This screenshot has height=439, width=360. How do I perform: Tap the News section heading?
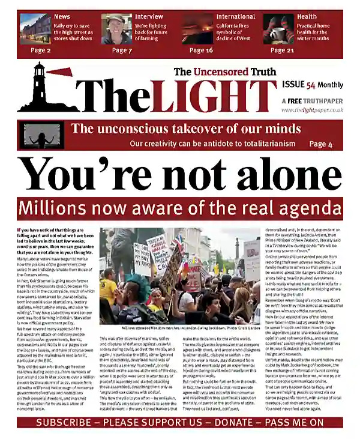(x=62, y=17)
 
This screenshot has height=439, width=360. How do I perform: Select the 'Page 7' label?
(x=122, y=50)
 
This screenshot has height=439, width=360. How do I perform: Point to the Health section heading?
(x=307, y=17)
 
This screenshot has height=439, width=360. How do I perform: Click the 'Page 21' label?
(x=282, y=50)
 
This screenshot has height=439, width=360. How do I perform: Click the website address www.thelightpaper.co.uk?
(x=312, y=110)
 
